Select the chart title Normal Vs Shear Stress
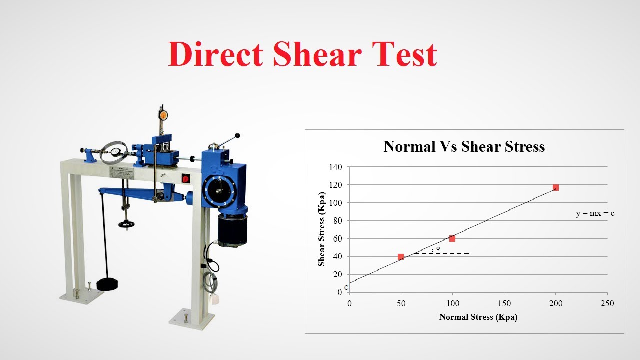click(464, 147)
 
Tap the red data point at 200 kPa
click(555, 188)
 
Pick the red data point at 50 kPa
click(401, 257)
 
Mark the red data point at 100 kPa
click(452, 238)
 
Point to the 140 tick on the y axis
click(335, 167)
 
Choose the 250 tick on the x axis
click(607, 303)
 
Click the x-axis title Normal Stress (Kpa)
click(478, 317)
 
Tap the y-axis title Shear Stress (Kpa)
click(322, 229)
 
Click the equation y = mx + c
click(595, 213)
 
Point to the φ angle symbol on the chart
click(438, 248)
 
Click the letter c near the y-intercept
click(346, 288)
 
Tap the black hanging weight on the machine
click(107, 284)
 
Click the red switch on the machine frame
click(186, 178)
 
